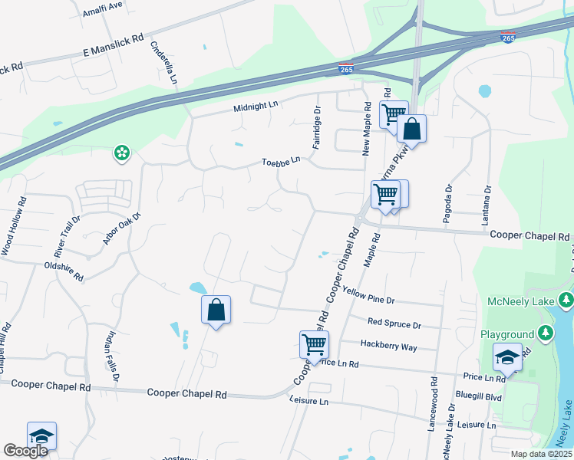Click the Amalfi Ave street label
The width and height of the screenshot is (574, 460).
pyautogui.click(x=103, y=5)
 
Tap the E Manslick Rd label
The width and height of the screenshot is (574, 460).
pyautogui.click(x=114, y=47)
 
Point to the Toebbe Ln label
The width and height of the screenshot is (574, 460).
pyautogui.click(x=280, y=162)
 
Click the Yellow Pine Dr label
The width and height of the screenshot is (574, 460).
pyautogui.click(x=368, y=297)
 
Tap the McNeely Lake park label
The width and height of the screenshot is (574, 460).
pyautogui.click(x=520, y=301)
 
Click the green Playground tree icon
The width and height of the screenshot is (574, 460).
pyautogui.click(x=545, y=333)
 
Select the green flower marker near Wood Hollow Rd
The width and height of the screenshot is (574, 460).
pyautogui.click(x=121, y=154)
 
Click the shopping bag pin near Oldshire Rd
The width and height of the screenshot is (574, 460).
pyautogui.click(x=216, y=310)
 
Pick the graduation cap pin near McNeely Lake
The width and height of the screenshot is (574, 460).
pyautogui.click(x=508, y=356)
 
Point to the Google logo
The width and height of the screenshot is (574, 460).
pyautogui.click(x=25, y=451)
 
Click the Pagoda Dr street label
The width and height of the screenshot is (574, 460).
pyautogui.click(x=447, y=203)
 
